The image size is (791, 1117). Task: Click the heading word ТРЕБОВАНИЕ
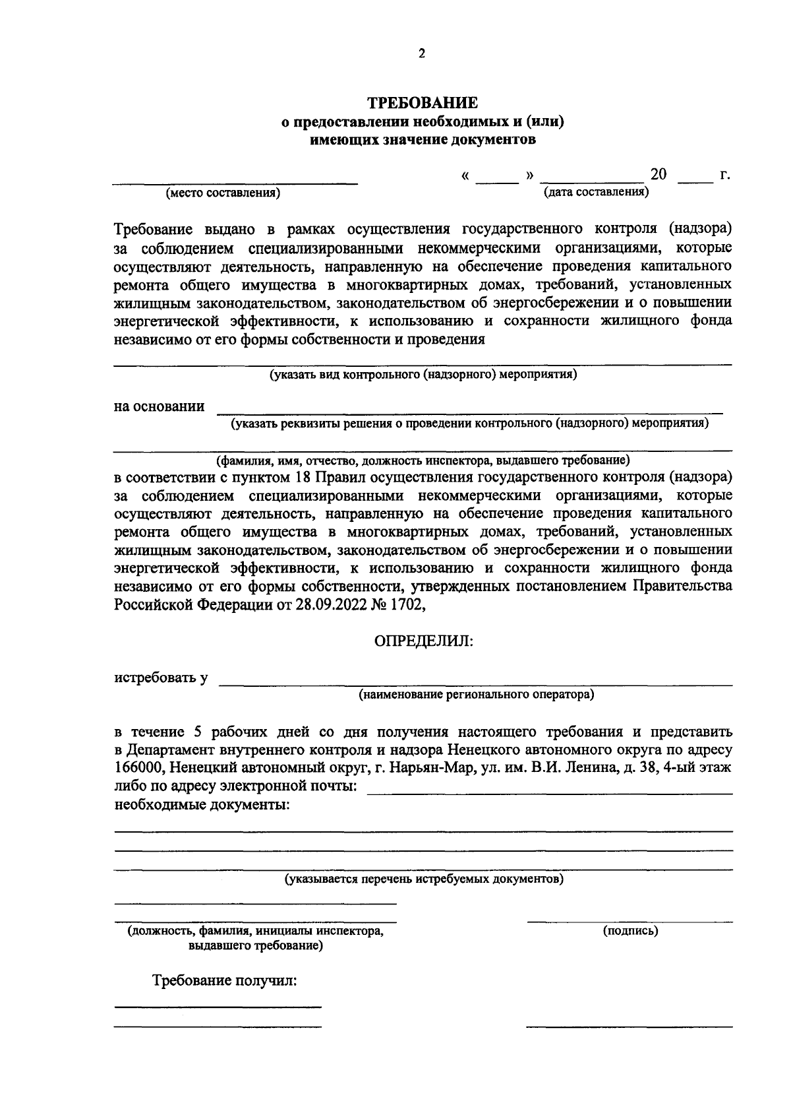coord(422,104)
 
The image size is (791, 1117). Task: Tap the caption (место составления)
coord(223,193)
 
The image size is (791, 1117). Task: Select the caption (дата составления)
coord(595,192)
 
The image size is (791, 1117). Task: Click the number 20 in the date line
coord(658,175)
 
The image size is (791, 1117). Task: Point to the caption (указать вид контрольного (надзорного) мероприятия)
coord(423,375)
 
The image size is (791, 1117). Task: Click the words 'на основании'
coord(159,406)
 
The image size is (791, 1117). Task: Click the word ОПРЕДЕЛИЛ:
coord(423,641)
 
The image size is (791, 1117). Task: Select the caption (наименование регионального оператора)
coord(476,694)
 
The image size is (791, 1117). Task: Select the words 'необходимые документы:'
coord(202,805)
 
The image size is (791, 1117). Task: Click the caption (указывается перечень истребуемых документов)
coord(423,879)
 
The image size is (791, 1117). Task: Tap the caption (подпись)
coord(630,931)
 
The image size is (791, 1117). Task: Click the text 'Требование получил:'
coord(225,980)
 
